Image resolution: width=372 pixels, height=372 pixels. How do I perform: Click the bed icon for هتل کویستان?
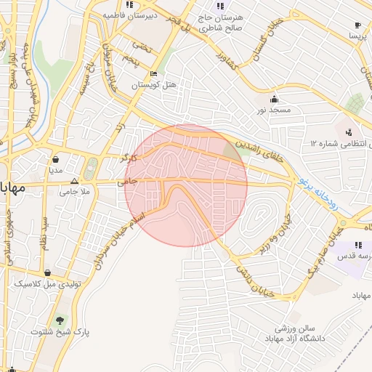coord(153,74)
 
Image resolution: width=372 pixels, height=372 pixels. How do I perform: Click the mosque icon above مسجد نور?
coord(273,99)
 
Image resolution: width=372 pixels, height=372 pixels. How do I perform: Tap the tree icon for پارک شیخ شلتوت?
coord(60,320)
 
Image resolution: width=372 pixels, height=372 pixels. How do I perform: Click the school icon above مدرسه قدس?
coord(357,245)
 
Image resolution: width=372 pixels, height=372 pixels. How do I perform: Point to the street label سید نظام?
coord(44,232)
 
